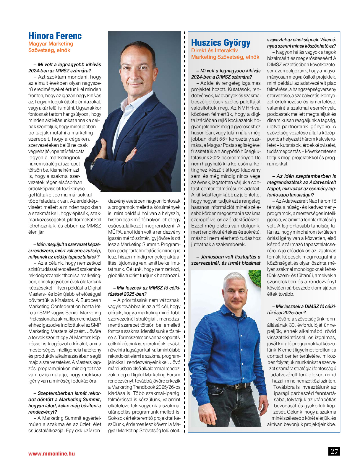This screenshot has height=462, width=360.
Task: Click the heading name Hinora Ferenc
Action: pos(55,36)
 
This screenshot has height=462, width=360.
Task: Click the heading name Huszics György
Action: pos(221,43)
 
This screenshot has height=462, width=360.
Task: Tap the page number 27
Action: pos(334,451)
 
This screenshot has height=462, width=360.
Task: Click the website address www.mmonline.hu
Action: pos(51,454)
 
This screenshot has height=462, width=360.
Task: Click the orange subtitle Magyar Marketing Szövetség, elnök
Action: pos(51,47)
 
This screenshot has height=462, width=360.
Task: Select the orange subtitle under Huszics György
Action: pos(225,54)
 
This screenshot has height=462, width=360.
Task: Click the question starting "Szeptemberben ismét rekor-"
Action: pos(65,403)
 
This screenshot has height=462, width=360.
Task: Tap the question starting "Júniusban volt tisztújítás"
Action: pos(226,260)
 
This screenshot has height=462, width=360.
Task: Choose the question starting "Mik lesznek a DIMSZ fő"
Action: pos(301,310)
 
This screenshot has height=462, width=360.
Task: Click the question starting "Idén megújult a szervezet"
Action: pos(65,251)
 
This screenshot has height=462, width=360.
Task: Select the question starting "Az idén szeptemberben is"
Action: pos(301,186)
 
